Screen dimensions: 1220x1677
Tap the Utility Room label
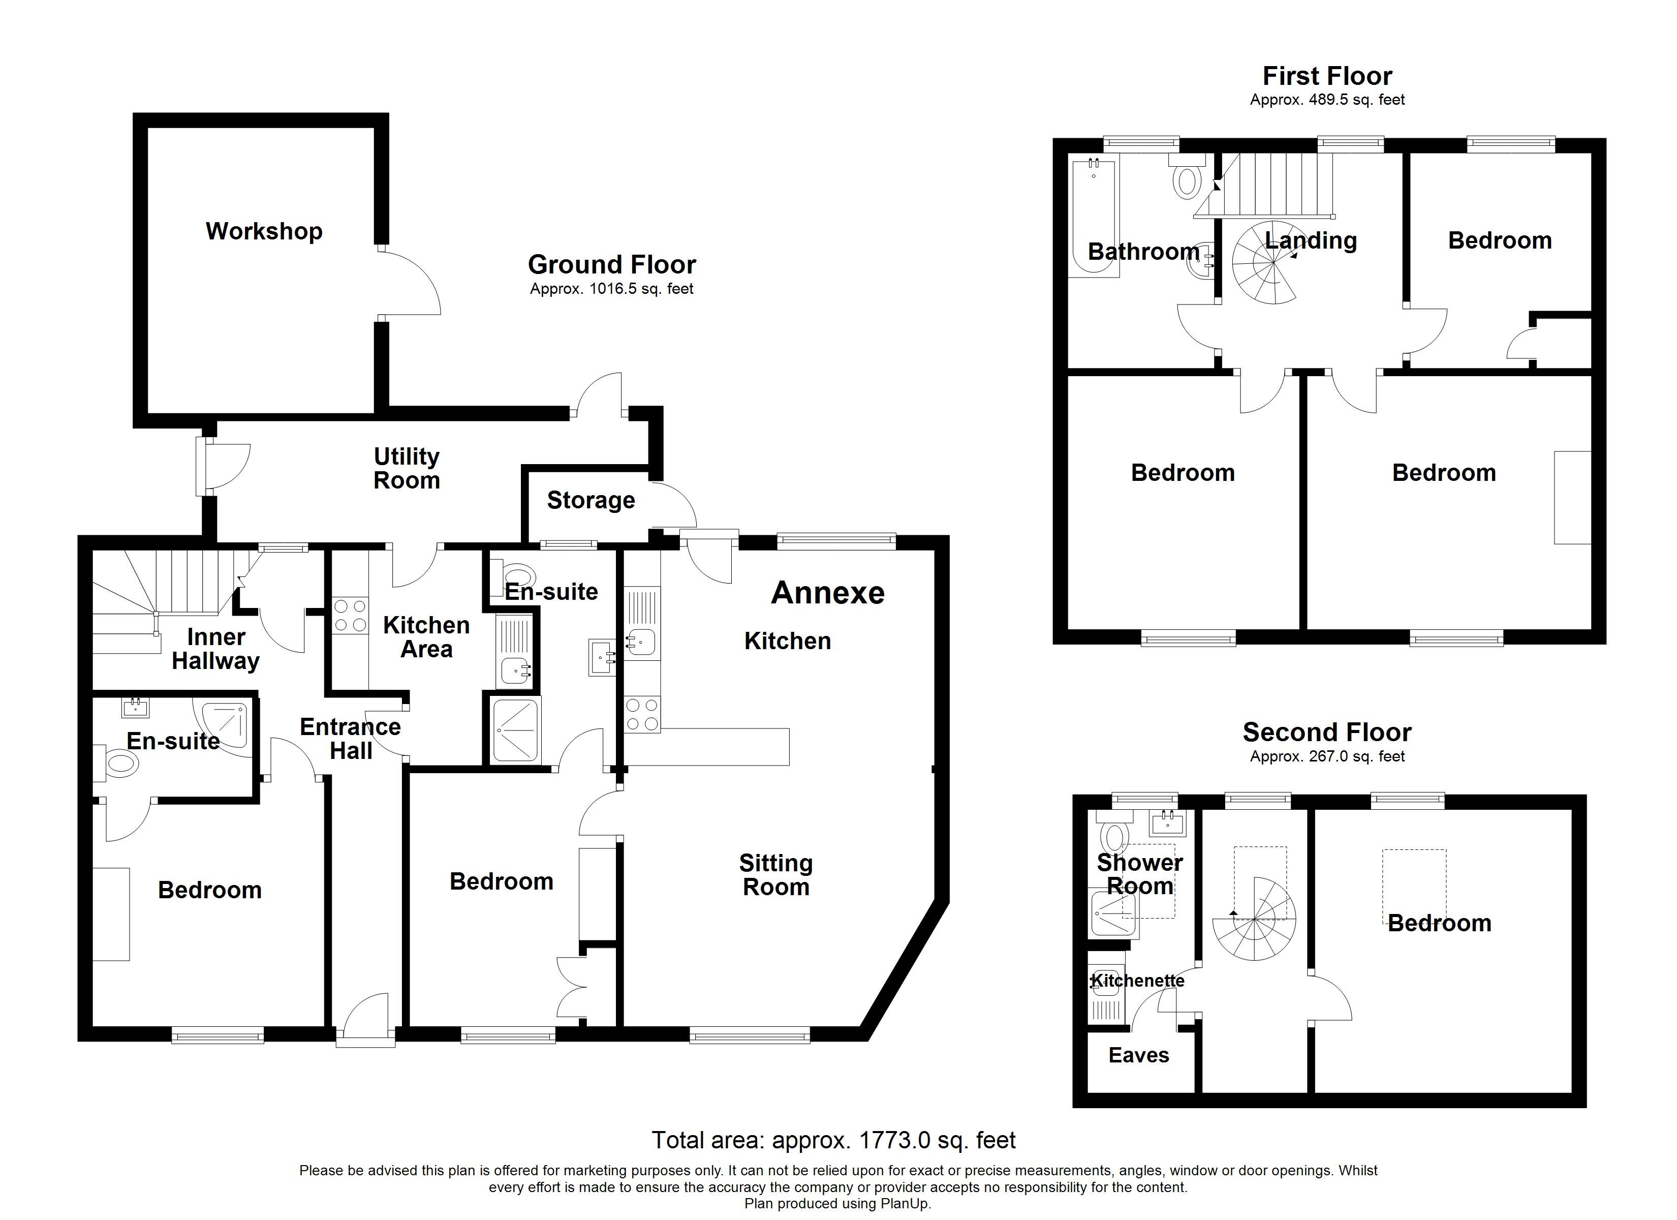[x=407, y=468]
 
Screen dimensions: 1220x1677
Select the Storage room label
[x=591, y=500]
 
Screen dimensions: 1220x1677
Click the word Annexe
[x=827, y=593]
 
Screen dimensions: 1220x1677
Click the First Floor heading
[x=1327, y=76]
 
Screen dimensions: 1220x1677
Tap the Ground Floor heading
[x=611, y=264]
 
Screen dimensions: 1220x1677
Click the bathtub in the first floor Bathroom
[x=1094, y=218]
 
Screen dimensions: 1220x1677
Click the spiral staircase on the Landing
[x=1264, y=264]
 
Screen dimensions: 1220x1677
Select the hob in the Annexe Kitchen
[x=642, y=715]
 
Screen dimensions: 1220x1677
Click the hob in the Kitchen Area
[x=350, y=616]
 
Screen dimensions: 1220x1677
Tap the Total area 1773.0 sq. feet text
[x=833, y=1140]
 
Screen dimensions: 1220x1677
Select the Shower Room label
[x=1139, y=874]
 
